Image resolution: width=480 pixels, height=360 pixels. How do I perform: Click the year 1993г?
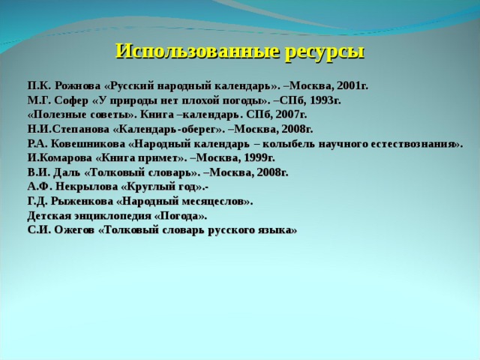pyautogui.click(x=325, y=101)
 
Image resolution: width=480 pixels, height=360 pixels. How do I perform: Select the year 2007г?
pyautogui.click(x=289, y=115)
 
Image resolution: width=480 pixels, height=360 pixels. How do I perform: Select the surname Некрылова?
pyautogui.click(x=82, y=187)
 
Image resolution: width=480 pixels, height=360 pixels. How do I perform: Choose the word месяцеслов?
pyautogui.click(x=217, y=201)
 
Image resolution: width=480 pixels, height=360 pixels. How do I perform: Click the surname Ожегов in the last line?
pyautogui.click(x=71, y=229)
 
